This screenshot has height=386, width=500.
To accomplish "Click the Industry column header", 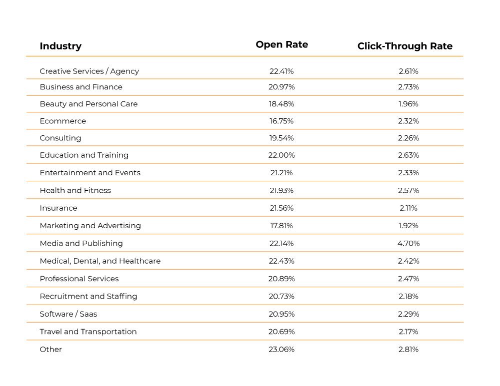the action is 60,46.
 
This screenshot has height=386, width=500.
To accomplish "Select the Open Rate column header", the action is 281,44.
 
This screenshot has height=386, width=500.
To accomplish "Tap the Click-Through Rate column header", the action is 404,46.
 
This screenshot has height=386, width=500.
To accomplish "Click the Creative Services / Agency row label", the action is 89,71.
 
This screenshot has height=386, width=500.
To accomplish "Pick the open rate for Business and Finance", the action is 281,87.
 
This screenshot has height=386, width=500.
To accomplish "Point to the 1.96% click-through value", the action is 408,104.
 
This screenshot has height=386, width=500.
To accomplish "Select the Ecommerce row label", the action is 62,121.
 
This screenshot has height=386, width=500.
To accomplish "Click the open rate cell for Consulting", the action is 281,138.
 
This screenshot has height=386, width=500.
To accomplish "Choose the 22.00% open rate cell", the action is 281,155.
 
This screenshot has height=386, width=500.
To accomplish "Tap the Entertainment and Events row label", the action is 90,173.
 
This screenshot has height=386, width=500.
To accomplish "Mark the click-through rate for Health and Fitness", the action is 408,190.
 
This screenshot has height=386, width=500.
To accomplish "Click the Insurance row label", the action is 58,208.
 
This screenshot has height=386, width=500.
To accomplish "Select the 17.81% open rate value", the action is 281,226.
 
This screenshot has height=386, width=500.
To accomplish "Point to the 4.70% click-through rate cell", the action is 408,243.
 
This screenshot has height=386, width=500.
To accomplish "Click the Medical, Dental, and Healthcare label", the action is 100,261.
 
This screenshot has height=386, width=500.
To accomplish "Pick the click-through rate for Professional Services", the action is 408,279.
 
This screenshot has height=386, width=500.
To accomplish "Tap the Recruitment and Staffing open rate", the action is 281,296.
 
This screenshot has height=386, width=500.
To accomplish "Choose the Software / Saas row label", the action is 68,314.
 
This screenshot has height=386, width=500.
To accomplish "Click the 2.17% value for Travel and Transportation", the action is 408,332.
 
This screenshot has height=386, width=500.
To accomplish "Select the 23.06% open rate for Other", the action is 281,350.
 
